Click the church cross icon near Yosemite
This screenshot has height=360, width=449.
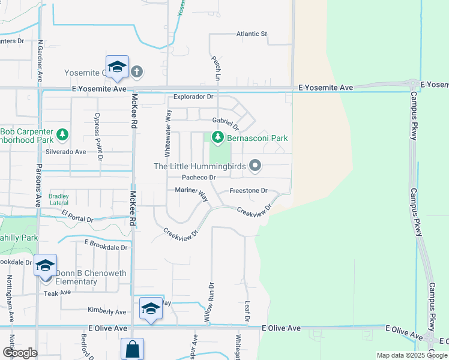click(x=137, y=72)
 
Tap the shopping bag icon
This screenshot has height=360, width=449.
click(x=132, y=349)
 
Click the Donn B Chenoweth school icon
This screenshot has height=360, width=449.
click(x=45, y=266)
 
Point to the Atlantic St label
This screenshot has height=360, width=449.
click(x=252, y=34)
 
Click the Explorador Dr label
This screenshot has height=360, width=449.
click(x=193, y=97)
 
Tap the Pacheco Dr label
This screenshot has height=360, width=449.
click(x=199, y=178)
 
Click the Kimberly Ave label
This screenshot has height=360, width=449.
click(x=107, y=312)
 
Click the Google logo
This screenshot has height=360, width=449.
click(x=20, y=353)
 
